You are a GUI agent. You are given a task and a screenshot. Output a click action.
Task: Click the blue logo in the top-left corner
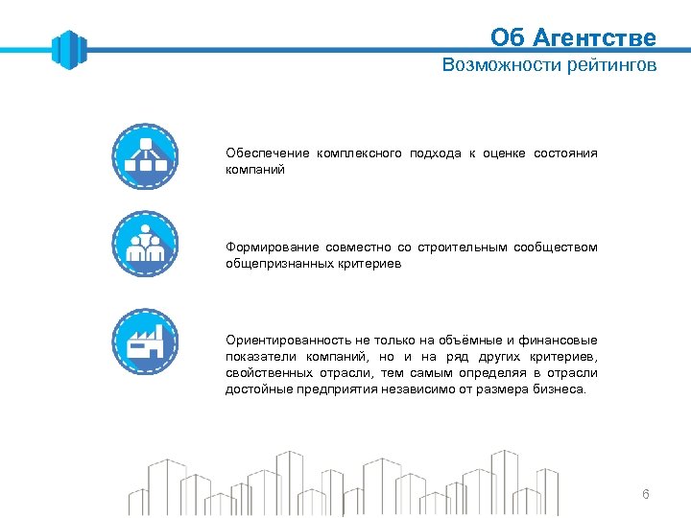coord(69,49)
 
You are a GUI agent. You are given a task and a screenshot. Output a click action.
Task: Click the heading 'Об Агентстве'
coord(573,37)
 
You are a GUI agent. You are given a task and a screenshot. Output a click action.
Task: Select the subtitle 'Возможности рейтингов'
coord(549,65)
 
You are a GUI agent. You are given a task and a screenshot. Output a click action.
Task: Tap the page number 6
coord(645,494)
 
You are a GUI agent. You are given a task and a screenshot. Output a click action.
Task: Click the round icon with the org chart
coord(145,155)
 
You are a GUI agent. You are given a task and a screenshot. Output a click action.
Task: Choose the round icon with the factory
coord(145,341)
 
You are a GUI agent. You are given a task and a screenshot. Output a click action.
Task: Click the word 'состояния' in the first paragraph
coord(565,153)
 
